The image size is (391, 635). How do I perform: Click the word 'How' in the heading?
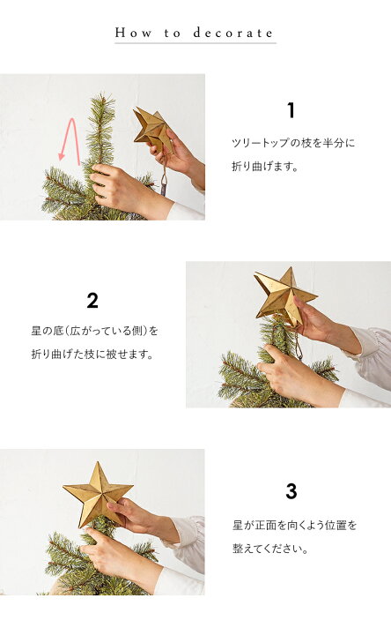pos(130,33)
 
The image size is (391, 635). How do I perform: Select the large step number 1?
pos(291,111)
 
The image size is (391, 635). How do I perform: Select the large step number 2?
pos(92,301)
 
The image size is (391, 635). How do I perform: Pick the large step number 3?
pos(291,491)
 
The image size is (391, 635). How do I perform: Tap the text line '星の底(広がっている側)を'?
pos(94,332)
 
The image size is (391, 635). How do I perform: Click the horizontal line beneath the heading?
pos(195,43)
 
